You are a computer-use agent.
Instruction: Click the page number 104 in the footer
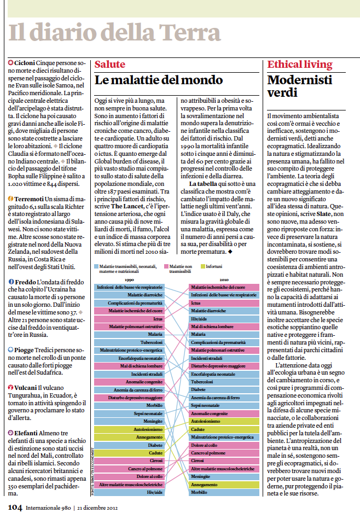click(x=15, y=508)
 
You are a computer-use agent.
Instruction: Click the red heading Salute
click(x=110, y=65)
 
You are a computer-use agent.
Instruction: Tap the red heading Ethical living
click(x=300, y=65)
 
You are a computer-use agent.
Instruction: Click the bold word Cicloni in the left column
click(x=25, y=63)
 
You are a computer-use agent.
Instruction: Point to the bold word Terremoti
click(x=29, y=199)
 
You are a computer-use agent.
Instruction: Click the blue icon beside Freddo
click(x=11, y=282)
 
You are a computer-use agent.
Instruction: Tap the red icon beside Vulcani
click(x=11, y=387)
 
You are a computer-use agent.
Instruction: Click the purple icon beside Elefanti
click(x=11, y=433)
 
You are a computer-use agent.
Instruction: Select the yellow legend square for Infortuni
click(x=203, y=267)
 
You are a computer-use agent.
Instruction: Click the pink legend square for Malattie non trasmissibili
click(x=166, y=267)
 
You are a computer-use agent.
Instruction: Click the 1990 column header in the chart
click(x=130, y=280)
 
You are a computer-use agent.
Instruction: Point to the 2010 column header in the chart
click(x=224, y=280)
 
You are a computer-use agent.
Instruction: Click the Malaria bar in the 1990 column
click(x=129, y=334)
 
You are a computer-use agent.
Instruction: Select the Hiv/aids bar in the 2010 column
click(x=224, y=319)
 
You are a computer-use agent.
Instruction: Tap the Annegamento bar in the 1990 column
click(x=129, y=437)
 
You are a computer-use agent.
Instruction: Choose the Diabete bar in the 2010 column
click(x=224, y=389)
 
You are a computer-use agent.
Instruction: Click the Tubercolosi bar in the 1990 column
click(x=129, y=342)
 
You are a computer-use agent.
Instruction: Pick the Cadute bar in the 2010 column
click(x=224, y=429)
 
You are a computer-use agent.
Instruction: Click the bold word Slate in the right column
click(x=323, y=214)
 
